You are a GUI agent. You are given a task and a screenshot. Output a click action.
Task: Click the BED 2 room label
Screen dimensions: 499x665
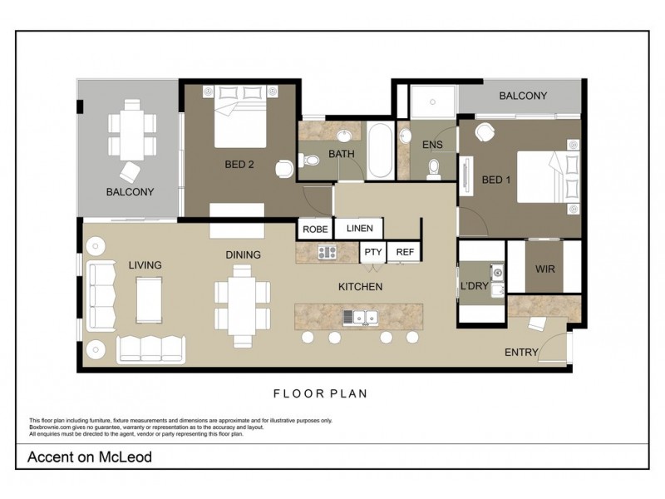tap(239, 165)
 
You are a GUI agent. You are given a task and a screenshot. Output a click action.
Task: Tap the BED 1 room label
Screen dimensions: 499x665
tap(496, 180)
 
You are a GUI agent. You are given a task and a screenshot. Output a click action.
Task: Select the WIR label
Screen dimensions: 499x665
tap(544, 270)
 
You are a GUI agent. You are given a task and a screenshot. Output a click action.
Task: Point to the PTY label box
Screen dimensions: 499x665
tap(372, 252)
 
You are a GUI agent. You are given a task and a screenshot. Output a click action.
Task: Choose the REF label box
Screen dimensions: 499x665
tap(405, 252)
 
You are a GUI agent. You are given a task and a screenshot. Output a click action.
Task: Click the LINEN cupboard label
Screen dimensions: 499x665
tap(359, 228)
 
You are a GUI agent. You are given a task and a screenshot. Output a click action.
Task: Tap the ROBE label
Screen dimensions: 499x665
tap(316, 229)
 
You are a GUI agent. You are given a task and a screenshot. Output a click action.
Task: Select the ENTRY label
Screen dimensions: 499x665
tap(521, 353)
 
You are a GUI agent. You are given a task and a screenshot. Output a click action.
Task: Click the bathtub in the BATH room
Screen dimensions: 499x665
tap(380, 151)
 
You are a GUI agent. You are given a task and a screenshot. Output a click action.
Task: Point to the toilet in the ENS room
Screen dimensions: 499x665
tap(432, 170)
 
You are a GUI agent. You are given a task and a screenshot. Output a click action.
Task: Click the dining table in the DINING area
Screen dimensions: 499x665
tap(243, 304)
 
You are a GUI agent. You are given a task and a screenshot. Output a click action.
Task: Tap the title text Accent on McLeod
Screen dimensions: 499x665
tap(90, 457)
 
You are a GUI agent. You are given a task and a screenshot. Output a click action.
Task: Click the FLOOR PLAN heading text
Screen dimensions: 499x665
tap(321, 393)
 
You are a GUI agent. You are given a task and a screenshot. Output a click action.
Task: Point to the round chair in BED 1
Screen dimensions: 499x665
tap(485, 133)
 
